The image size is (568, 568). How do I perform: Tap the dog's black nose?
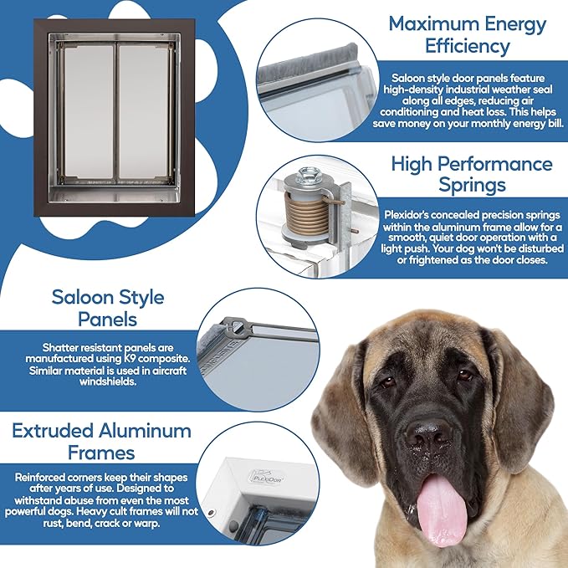428,433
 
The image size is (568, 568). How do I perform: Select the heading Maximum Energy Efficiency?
468,34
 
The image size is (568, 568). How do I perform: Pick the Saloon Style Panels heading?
107,308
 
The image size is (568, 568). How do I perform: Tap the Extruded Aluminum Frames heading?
102,442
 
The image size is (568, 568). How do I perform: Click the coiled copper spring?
310,215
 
